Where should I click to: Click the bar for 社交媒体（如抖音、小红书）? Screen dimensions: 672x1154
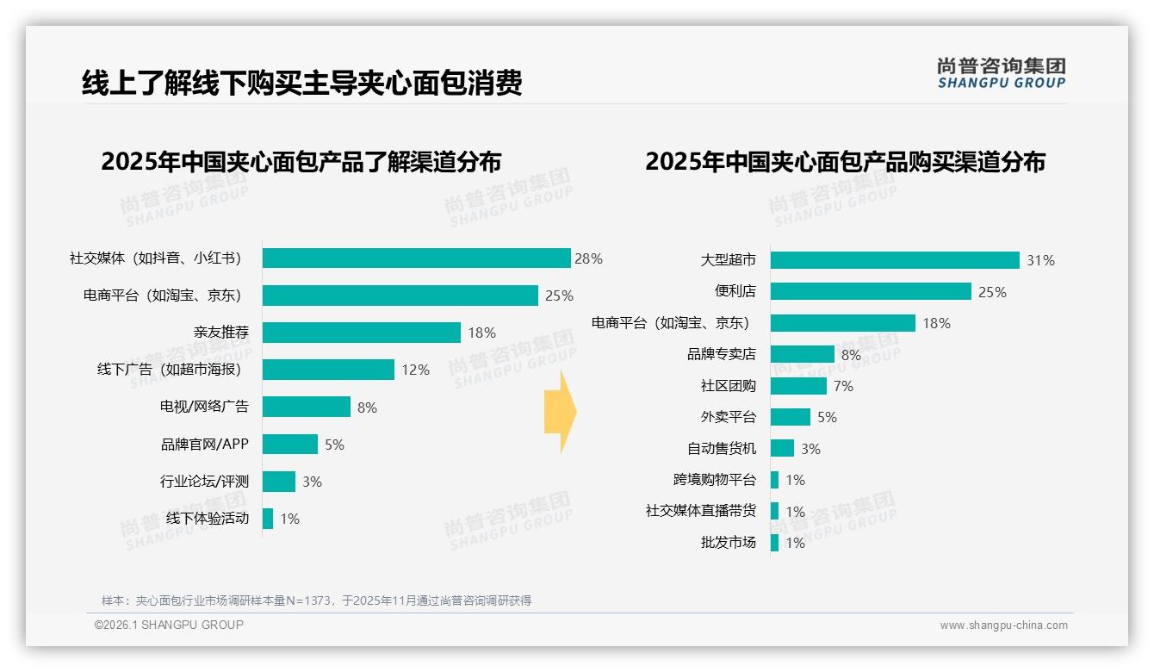point(416,258)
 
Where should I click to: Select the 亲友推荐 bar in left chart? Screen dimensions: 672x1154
point(362,333)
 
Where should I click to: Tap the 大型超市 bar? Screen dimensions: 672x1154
point(895,260)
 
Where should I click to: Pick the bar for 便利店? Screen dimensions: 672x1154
point(871,291)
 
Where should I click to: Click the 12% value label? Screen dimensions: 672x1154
point(415,370)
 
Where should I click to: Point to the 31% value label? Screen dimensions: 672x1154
point(1040,260)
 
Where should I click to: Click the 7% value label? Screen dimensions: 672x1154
point(843,386)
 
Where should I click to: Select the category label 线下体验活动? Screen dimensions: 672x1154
point(207,519)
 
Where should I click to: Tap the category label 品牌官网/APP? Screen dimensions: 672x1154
point(204,445)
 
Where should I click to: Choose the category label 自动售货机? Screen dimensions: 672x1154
point(721,449)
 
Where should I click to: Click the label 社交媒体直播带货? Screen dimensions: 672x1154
point(700,511)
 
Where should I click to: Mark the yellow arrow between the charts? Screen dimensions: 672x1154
point(560,412)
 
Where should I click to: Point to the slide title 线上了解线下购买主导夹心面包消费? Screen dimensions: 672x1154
point(301,84)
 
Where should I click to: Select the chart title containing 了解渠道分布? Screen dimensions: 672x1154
point(301,162)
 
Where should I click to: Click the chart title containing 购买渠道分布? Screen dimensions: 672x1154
point(845,162)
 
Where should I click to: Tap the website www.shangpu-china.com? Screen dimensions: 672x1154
point(1003,625)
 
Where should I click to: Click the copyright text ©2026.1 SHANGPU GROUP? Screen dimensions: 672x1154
point(169,625)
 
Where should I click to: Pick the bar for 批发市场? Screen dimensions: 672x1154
point(774,543)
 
